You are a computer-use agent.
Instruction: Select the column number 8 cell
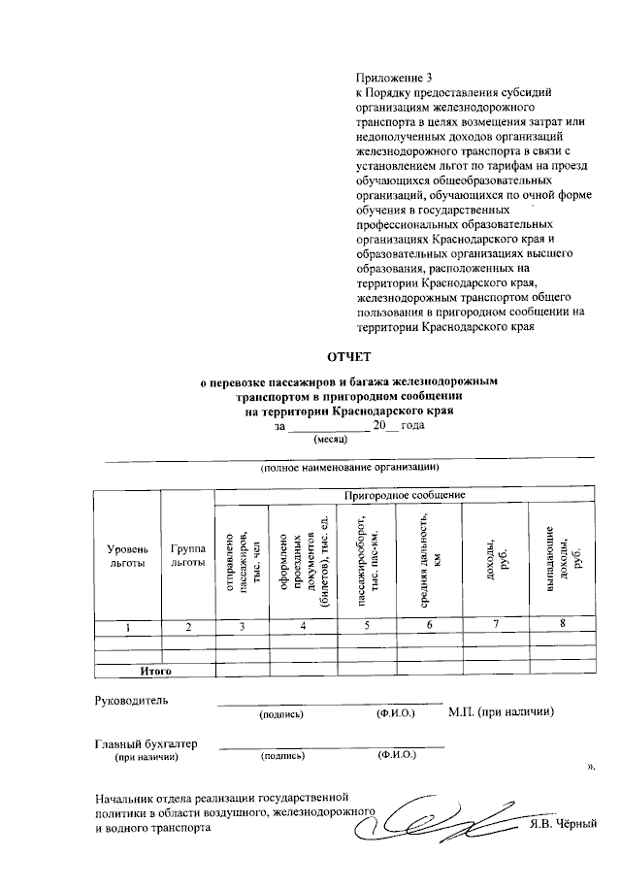(562, 624)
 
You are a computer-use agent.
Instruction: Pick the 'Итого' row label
(155, 670)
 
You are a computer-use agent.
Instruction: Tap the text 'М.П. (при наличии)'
(501, 711)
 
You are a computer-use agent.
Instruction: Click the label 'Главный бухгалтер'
(146, 743)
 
